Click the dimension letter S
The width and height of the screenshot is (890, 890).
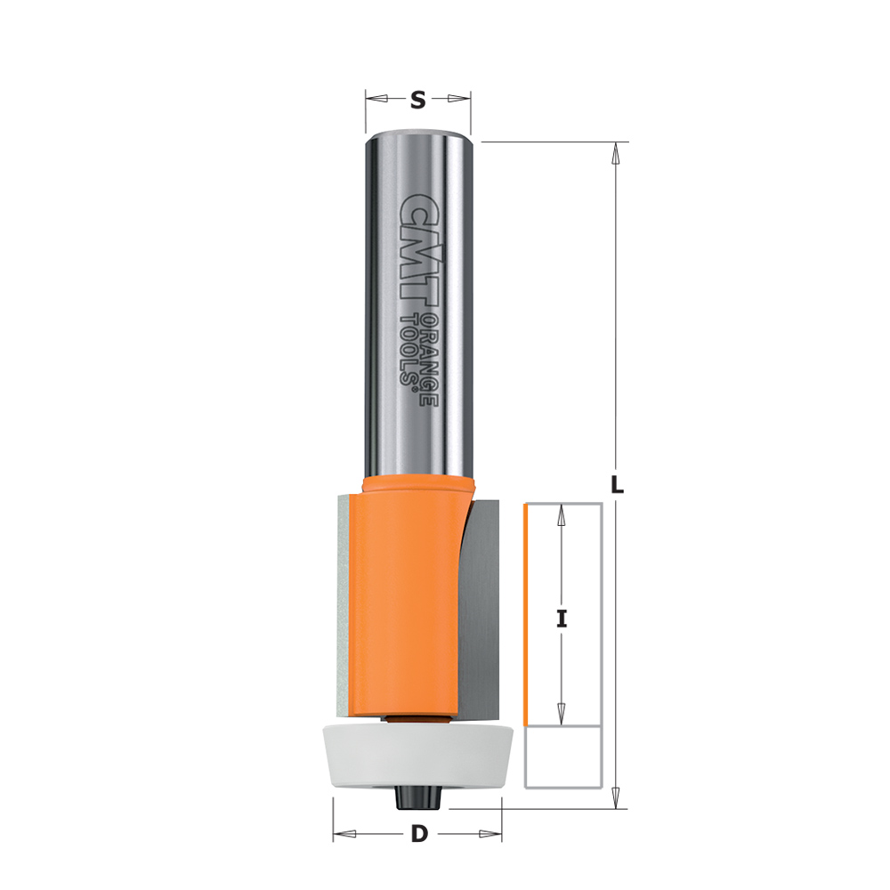[x=417, y=101]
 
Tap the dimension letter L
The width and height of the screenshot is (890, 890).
[x=617, y=486]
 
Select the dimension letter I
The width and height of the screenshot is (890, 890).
[x=562, y=619]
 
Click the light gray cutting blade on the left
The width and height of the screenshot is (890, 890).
[x=344, y=605]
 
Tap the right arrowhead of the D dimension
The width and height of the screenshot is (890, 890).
[x=491, y=834]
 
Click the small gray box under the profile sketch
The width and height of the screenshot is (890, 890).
[x=562, y=758]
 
